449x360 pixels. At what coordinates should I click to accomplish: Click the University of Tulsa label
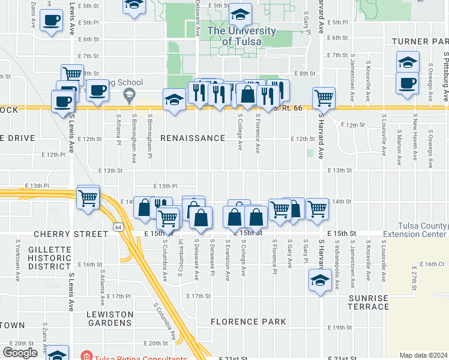click(x=241, y=36)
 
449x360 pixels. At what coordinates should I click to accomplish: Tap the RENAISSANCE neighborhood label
click(x=193, y=138)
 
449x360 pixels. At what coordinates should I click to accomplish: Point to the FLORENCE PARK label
click(x=249, y=322)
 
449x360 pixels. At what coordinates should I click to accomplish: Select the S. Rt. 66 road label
click(x=285, y=109)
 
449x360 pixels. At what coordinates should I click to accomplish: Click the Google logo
click(x=20, y=353)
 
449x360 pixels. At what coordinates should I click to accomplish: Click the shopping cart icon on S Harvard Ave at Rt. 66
click(x=324, y=97)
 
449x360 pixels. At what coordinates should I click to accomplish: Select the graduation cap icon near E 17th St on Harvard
click(x=320, y=280)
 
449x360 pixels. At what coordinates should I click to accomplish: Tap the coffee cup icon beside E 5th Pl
click(x=51, y=21)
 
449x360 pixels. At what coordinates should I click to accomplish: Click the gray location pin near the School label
click(x=128, y=94)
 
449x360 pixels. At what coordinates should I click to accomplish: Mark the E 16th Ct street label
click(x=432, y=264)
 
